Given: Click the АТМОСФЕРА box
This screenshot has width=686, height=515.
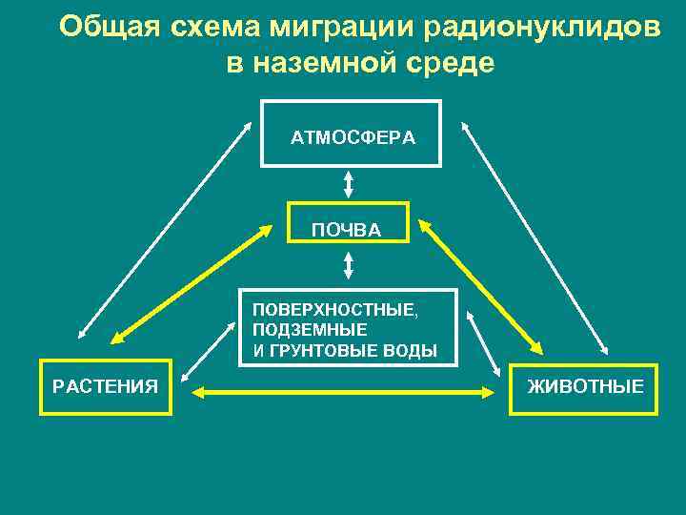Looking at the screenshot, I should (352, 134).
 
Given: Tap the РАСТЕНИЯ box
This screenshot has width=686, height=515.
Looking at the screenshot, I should (105, 386).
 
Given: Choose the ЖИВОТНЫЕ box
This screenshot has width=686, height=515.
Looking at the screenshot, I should (583, 389).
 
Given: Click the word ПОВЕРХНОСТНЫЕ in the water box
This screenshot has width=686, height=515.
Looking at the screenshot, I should (334, 310).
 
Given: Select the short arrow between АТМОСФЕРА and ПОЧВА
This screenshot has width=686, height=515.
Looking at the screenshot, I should (349, 184).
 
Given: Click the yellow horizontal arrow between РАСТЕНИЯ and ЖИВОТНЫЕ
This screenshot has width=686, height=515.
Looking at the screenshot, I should (343, 391).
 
